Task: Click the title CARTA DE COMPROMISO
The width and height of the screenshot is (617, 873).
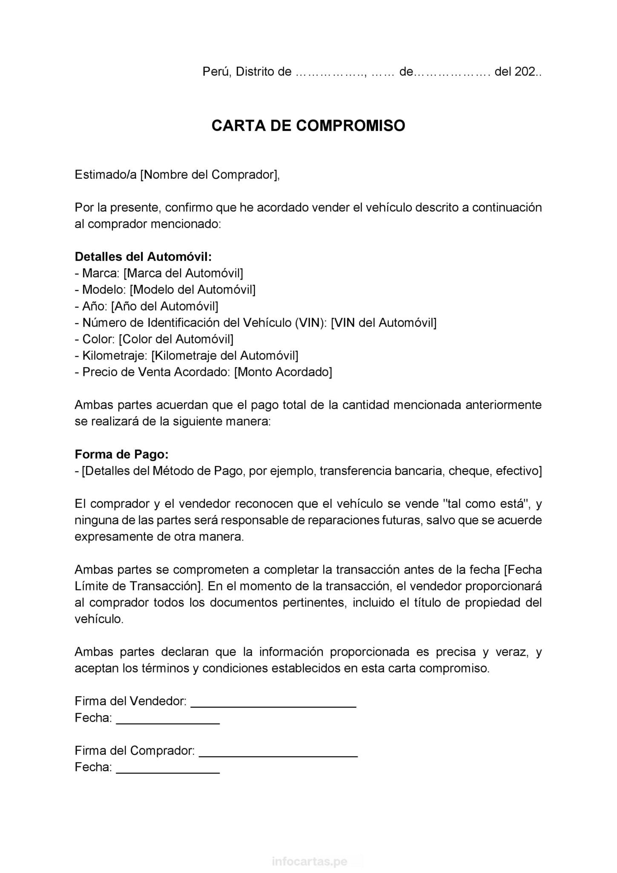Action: pos(308,126)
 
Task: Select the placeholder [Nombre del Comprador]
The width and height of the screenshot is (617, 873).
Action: pos(209,175)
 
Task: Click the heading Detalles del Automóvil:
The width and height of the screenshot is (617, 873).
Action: pos(143,257)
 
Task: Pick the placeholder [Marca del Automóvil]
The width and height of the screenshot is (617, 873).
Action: pos(183,273)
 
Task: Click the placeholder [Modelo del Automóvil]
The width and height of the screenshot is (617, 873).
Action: pos(192,290)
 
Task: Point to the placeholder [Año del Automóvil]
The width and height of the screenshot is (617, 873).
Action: pos(165,306)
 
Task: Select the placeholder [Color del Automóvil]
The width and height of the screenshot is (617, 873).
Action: pos(176,339)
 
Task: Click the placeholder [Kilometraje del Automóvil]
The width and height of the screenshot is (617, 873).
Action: pos(225,356)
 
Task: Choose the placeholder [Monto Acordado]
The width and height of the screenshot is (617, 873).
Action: pos(283,372)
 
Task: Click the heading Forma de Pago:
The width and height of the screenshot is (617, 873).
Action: pos(122,454)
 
